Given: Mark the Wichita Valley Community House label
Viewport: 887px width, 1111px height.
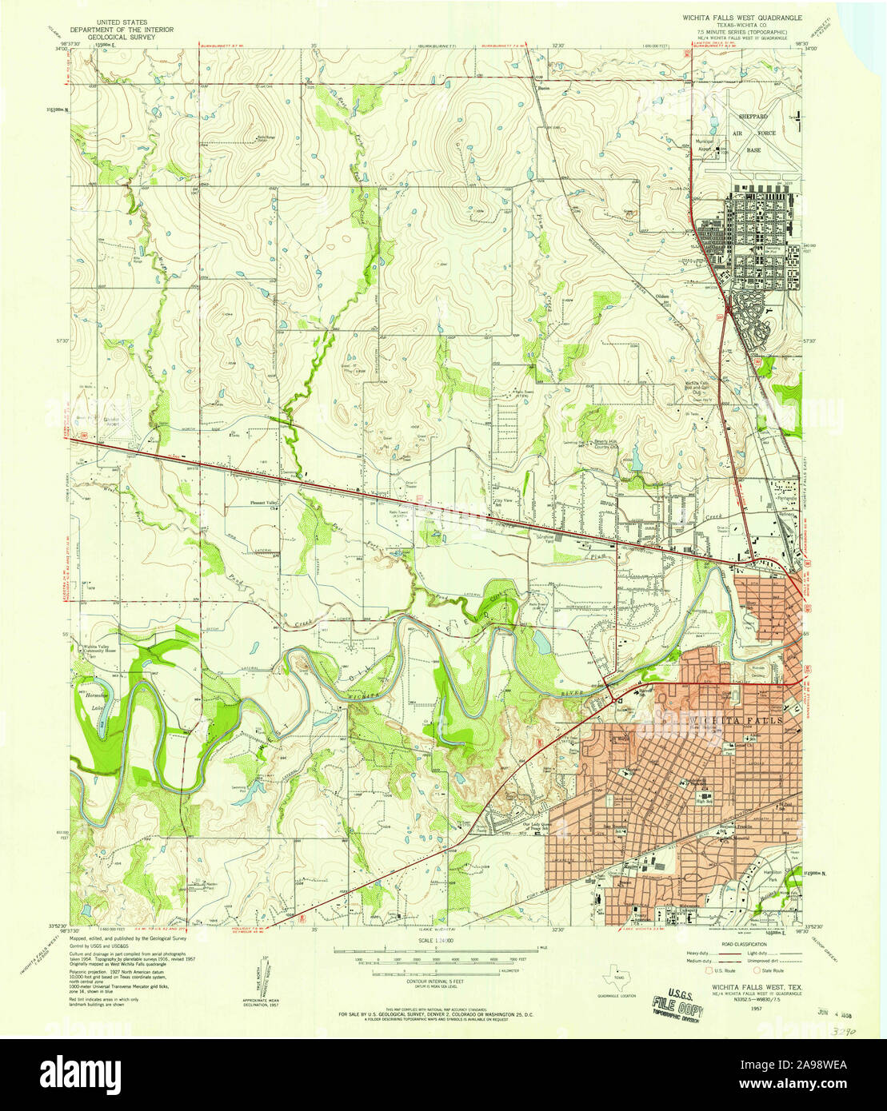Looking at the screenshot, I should coord(98,648).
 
